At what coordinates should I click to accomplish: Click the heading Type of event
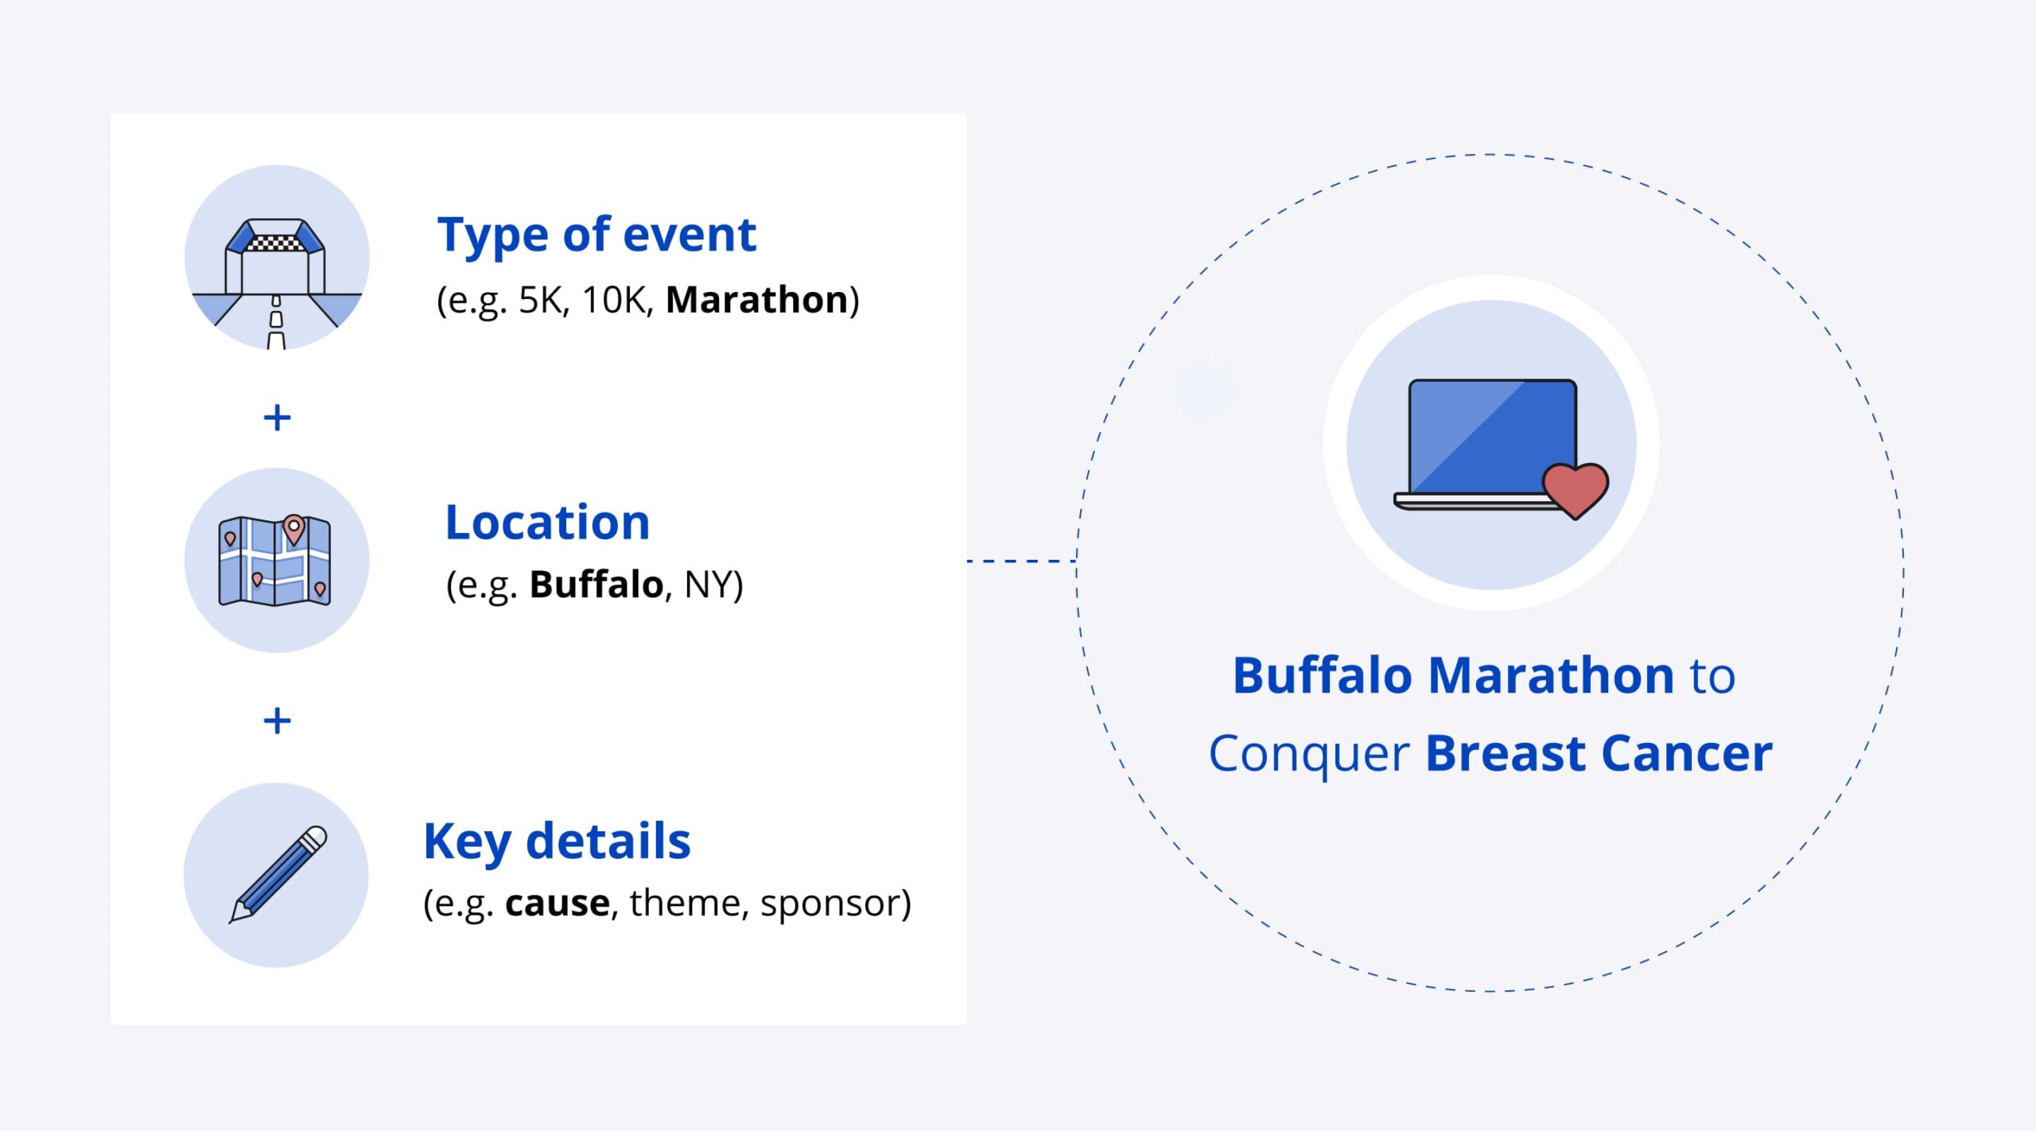(x=596, y=236)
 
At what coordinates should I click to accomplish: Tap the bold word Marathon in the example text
(x=757, y=300)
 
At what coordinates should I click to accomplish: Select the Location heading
(x=547, y=523)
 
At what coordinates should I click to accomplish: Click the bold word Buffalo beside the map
(x=596, y=585)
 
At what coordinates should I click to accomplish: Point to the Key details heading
(x=557, y=842)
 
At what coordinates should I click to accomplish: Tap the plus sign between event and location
(x=277, y=418)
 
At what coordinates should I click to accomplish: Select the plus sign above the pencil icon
(x=277, y=721)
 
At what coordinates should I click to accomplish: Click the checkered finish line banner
(x=275, y=243)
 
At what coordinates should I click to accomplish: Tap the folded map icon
(x=274, y=561)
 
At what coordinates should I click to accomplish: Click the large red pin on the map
(x=294, y=529)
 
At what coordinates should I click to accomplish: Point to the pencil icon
(x=278, y=874)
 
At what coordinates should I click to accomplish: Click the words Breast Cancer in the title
(x=1599, y=753)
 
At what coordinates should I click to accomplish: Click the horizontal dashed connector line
(x=1022, y=561)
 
